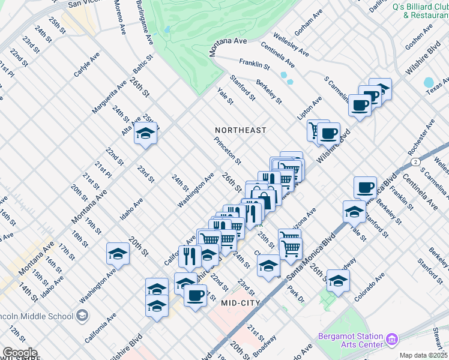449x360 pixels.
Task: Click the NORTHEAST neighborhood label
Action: click(x=242, y=130)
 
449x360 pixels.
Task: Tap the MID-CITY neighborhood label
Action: click(x=240, y=303)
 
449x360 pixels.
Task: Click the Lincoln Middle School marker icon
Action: click(x=81, y=316)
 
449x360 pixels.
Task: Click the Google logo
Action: click(x=19, y=353)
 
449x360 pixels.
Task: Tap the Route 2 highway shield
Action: click(x=415, y=162)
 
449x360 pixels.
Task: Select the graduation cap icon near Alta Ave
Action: click(x=145, y=134)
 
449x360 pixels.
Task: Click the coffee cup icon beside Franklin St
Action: click(x=365, y=188)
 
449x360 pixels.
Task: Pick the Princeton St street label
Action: click(x=228, y=150)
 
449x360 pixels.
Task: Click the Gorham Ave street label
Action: click(x=309, y=22)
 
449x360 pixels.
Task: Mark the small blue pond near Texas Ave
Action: click(x=428, y=82)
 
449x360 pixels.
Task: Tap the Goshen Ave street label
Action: click(x=419, y=38)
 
